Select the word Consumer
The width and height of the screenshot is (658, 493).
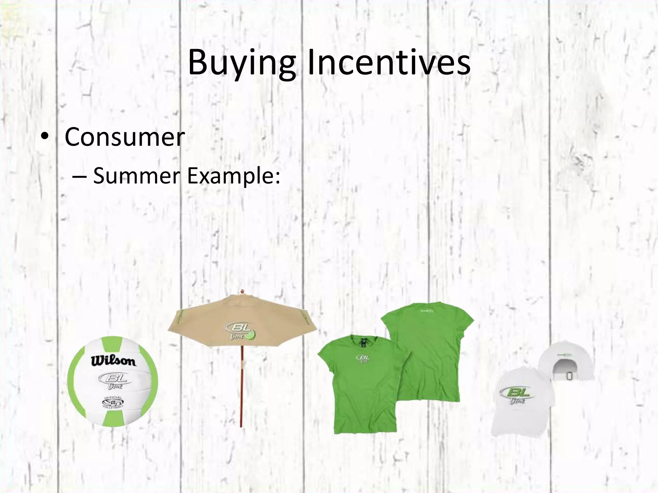click(125, 137)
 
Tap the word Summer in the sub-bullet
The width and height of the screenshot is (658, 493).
click(136, 176)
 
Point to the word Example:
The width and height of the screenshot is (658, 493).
click(234, 176)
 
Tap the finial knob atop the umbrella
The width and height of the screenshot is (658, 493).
click(243, 292)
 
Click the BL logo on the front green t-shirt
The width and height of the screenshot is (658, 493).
click(363, 359)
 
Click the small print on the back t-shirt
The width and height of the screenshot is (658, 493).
click(428, 311)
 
